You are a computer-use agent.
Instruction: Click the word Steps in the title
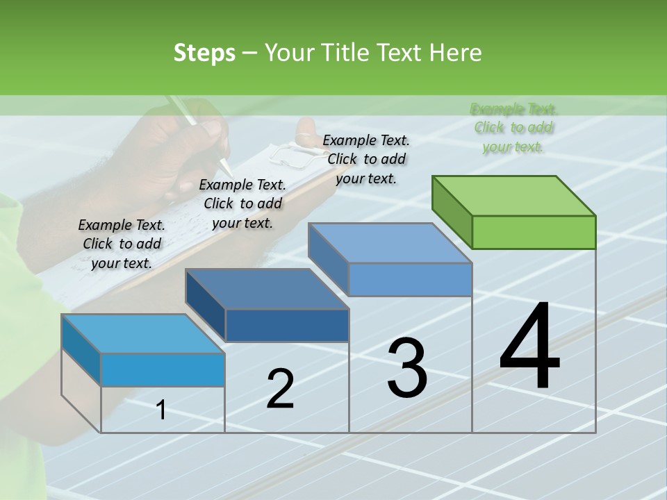(x=204, y=53)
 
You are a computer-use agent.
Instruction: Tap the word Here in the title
(x=455, y=53)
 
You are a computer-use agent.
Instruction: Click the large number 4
(x=529, y=347)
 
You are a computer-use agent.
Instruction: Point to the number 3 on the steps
(x=407, y=368)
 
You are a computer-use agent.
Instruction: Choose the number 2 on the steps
(x=280, y=389)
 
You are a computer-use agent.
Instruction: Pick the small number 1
(x=161, y=410)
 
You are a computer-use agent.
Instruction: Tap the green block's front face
(x=534, y=232)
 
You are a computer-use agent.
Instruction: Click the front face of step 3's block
(x=410, y=279)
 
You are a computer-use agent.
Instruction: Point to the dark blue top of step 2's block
(x=267, y=289)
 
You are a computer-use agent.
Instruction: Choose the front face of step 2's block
(x=287, y=325)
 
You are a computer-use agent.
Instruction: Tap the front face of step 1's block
(x=163, y=369)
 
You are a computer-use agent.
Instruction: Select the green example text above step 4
(x=513, y=128)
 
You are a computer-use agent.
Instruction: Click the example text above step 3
(x=366, y=159)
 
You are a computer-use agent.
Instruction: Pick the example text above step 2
(x=242, y=203)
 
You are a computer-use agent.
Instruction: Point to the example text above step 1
(x=122, y=244)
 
